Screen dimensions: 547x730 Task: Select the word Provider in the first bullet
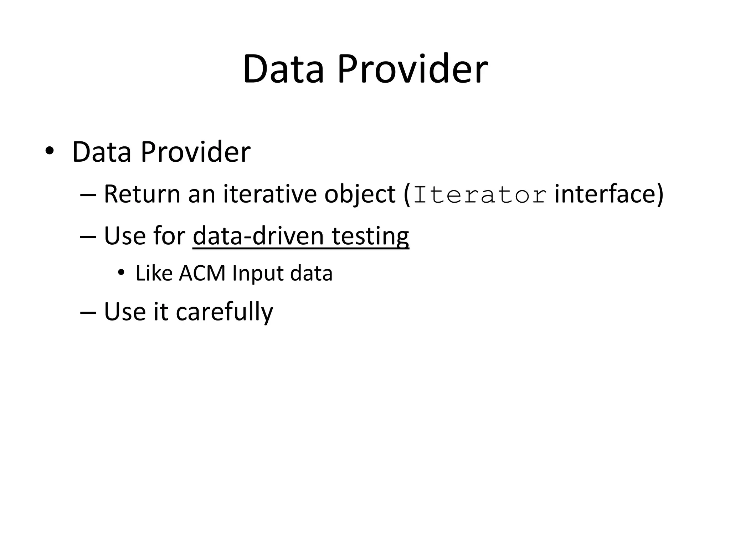pyautogui.click(x=195, y=152)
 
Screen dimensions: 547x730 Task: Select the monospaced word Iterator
pyautogui.click(x=480, y=195)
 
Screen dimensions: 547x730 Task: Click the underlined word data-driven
pyautogui.click(x=258, y=236)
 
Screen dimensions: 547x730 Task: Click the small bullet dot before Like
pyautogui.click(x=121, y=273)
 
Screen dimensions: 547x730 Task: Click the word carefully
pyautogui.click(x=224, y=312)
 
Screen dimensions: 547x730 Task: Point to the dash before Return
pyautogui.click(x=88, y=195)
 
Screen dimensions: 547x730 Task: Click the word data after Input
pyautogui.click(x=311, y=273)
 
